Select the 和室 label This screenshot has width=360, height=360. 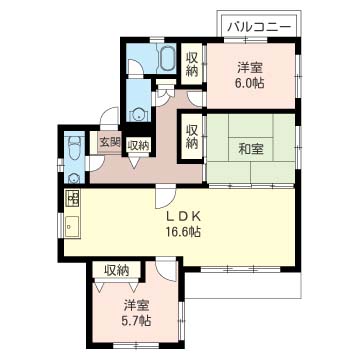tap(250, 150)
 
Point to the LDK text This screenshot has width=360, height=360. tap(182, 215)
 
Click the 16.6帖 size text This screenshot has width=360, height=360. tap(183, 232)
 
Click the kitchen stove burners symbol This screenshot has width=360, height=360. tap(73, 199)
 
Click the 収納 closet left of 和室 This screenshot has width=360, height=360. tap(191, 137)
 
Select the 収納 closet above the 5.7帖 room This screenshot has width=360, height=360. tap(116, 269)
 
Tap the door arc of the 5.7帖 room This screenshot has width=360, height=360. tap(165, 267)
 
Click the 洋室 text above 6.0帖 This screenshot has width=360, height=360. tap(249, 68)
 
